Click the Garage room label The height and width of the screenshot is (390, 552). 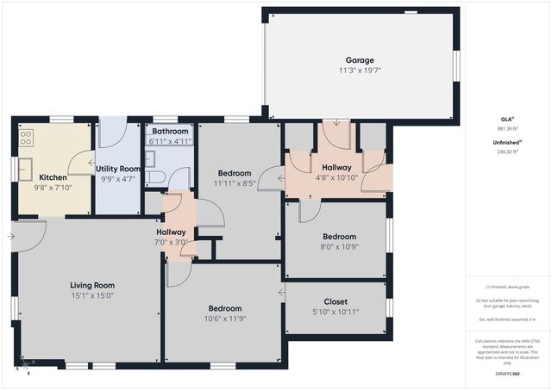(360, 60)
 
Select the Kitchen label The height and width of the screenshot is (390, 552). (53, 177)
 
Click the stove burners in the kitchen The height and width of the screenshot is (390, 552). (26, 136)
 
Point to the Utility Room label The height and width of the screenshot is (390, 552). (117, 170)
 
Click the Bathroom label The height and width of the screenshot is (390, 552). (169, 131)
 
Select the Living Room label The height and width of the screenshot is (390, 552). (92, 285)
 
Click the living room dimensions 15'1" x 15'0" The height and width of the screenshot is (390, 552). (92, 295)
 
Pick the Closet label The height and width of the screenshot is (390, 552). (336, 301)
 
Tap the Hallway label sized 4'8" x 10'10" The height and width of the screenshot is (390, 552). (336, 167)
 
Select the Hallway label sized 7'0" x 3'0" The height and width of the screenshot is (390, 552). (172, 232)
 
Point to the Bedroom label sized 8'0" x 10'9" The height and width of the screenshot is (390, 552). (339, 237)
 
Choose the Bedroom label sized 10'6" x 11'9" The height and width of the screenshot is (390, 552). (224, 308)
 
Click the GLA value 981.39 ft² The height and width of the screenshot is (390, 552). (508, 127)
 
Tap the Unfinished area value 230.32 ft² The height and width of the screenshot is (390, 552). (508, 151)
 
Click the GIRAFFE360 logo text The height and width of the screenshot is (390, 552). (508, 374)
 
